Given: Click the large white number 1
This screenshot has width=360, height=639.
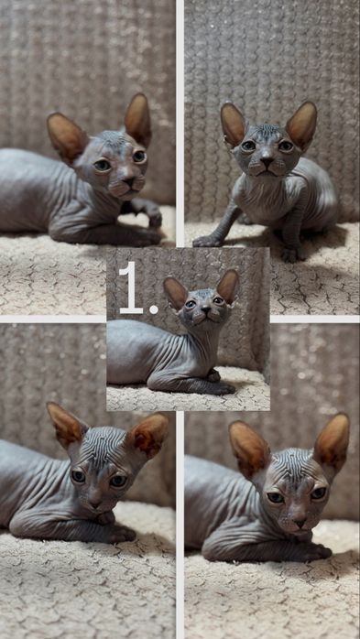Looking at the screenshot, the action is (x=131, y=287).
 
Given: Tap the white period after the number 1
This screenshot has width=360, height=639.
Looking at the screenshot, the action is (x=154, y=309).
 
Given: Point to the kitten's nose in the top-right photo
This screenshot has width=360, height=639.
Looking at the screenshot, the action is (x=267, y=162).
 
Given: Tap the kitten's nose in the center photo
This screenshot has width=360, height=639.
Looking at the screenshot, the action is (x=205, y=309).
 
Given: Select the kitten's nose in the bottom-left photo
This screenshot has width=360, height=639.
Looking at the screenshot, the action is (x=96, y=504).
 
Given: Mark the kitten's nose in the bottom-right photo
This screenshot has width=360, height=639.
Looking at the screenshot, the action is (x=300, y=523).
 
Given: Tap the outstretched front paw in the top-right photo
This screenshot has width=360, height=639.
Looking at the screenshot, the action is (x=206, y=242).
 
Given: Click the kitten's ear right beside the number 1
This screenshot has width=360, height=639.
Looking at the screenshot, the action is (x=175, y=292).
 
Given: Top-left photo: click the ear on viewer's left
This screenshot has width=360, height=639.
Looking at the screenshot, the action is (x=66, y=135).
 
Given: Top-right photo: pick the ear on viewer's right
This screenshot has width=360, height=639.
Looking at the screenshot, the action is (x=301, y=124).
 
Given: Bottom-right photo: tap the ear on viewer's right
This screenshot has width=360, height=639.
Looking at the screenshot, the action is (x=332, y=443).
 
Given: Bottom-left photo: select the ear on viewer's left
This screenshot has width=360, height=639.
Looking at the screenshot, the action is (x=66, y=424).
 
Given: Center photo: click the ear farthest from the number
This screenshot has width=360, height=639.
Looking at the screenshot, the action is (x=227, y=286).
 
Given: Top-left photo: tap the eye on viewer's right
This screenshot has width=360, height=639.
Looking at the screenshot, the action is (x=139, y=157).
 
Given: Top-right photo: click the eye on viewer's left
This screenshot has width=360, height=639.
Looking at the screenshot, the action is (x=248, y=146).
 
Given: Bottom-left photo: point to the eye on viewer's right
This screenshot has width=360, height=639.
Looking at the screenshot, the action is (x=118, y=481).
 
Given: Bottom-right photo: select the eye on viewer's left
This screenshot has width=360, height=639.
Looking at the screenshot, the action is (x=275, y=497).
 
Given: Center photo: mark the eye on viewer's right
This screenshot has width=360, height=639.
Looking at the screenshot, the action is (x=218, y=301).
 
